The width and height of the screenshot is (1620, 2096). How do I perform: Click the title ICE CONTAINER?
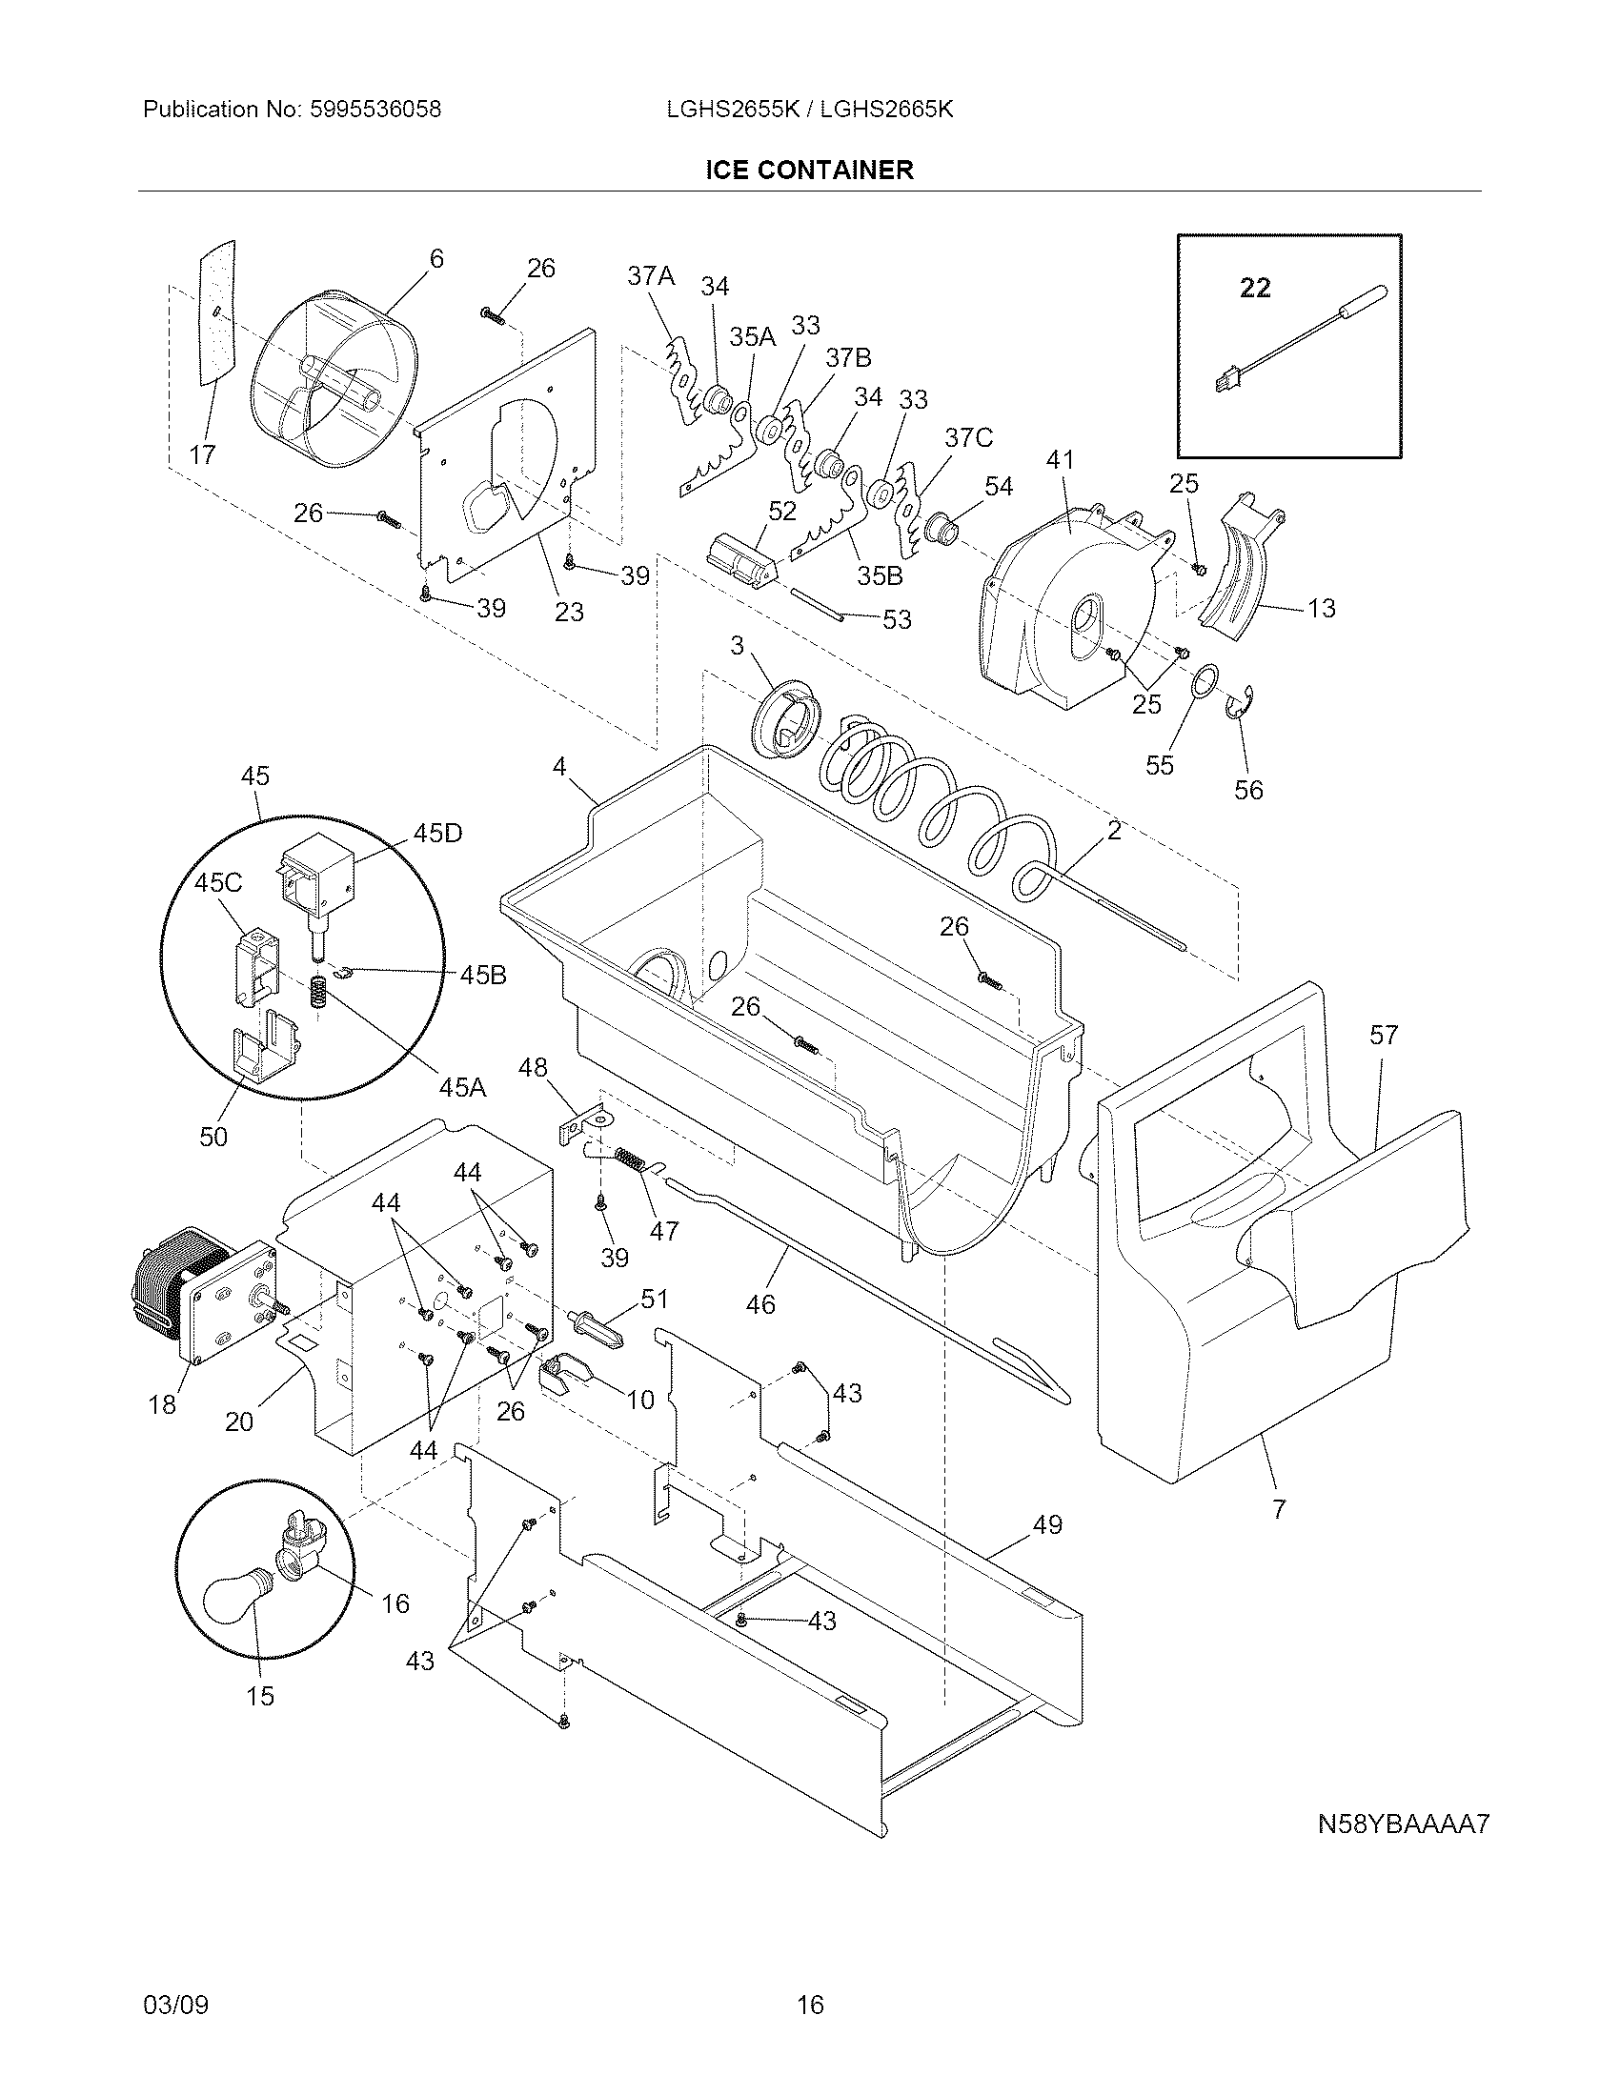809,170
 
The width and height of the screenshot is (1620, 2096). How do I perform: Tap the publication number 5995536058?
375,110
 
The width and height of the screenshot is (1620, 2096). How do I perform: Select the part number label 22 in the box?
1255,287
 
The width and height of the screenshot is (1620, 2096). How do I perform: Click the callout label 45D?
437,833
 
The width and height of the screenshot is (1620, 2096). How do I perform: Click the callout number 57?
1384,1035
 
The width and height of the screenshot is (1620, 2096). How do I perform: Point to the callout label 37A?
651,276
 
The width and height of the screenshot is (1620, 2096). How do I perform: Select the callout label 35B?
881,575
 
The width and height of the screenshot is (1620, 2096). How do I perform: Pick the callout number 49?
1047,1524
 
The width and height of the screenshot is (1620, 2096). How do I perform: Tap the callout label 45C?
218,882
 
